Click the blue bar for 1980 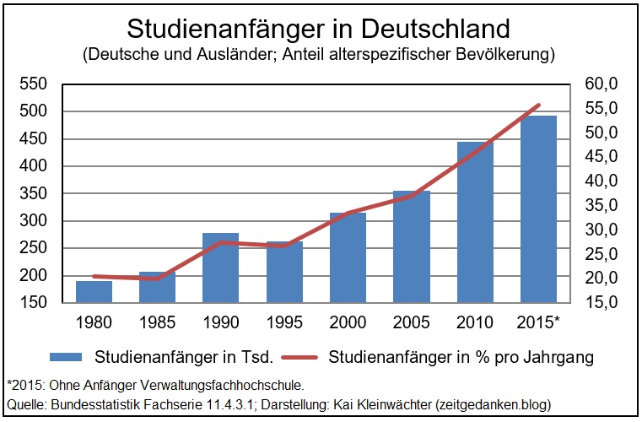coord(94,291)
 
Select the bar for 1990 coord(222,268)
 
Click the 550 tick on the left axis coord(33,84)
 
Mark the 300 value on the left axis coord(33,221)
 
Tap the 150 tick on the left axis coord(33,303)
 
